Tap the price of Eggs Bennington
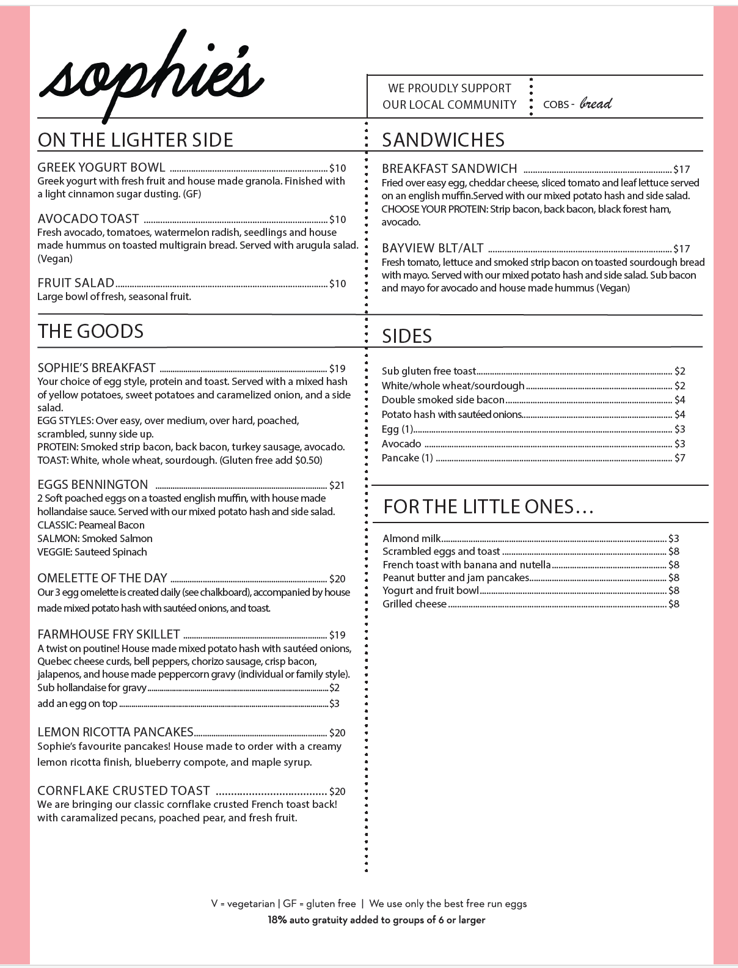click(x=337, y=485)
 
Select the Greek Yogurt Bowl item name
click(x=101, y=167)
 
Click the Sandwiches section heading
click(x=443, y=140)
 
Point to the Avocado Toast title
click(x=88, y=219)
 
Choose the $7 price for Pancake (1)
click(x=680, y=458)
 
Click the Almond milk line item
click(x=411, y=538)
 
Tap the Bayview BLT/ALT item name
click(x=433, y=248)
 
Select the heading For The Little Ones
click(x=488, y=507)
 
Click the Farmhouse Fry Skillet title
click(x=109, y=634)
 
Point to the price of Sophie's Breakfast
click(x=337, y=369)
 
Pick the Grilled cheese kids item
click(x=415, y=604)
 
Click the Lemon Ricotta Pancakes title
click(x=115, y=732)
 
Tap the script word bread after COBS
click(x=596, y=103)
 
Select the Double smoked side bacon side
click(x=443, y=400)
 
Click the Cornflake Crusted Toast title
click(x=123, y=791)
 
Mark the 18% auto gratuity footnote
click(x=376, y=920)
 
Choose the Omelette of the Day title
click(x=102, y=578)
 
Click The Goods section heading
click(x=90, y=331)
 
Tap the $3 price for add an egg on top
click(x=334, y=703)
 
